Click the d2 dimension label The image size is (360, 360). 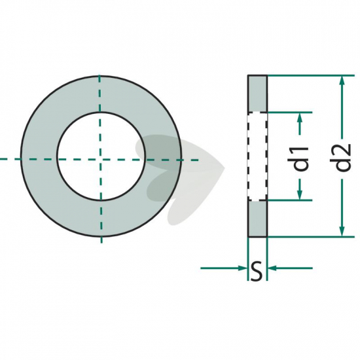coord(343,158)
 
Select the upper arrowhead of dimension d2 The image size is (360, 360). coord(342,81)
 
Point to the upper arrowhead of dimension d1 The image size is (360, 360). coord(300,118)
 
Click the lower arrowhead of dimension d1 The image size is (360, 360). coord(300,194)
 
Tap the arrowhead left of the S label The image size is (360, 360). coord(242,268)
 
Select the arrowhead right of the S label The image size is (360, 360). coord(272,268)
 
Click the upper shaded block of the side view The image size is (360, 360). coord(257,94)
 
